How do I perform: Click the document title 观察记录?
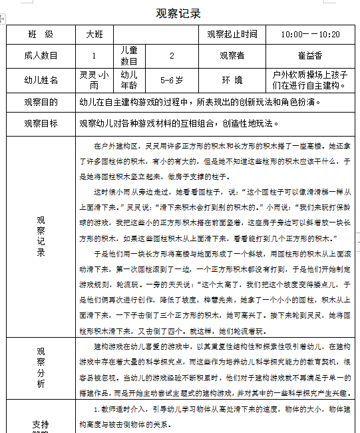click(178, 13)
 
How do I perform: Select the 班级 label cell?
click(41, 34)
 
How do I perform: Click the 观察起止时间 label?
click(232, 34)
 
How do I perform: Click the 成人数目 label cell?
click(41, 56)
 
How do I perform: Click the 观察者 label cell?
click(232, 56)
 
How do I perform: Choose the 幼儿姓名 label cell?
click(41, 80)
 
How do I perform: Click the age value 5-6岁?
click(172, 80)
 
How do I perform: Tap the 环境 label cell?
click(232, 80)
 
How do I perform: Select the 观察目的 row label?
click(41, 103)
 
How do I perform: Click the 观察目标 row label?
click(41, 123)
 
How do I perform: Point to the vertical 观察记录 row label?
click(41, 236)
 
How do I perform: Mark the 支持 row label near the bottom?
click(41, 423)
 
